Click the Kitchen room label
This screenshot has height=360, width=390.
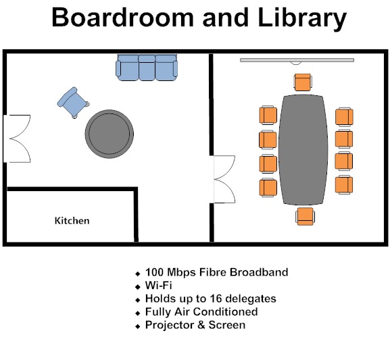[x=72, y=220]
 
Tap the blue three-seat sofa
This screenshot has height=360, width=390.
[x=147, y=68]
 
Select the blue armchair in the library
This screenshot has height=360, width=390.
[x=73, y=103]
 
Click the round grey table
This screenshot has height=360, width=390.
[x=109, y=134]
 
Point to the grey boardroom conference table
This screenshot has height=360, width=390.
[x=303, y=150]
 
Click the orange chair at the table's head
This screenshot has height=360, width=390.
[x=303, y=82]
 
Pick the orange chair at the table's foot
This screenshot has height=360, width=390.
[x=306, y=216]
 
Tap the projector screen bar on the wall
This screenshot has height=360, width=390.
[x=297, y=60]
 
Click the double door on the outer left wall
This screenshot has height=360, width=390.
[x=18, y=138]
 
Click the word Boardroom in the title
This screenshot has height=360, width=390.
[x=122, y=18]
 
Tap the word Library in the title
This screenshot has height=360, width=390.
[x=302, y=19]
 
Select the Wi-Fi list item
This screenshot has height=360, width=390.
[x=158, y=285]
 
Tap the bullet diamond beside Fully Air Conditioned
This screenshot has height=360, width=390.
[x=138, y=313]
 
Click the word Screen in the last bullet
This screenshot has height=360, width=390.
[x=227, y=325]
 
